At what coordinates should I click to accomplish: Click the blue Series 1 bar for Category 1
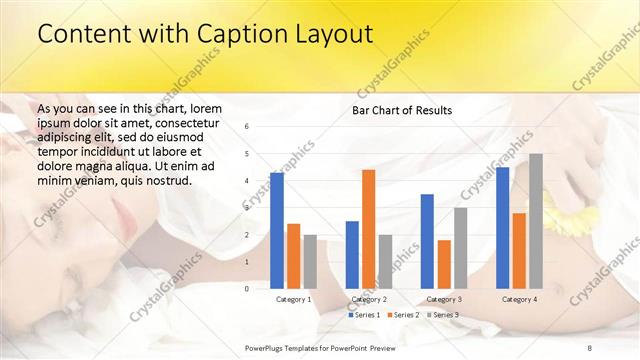pos(277,230)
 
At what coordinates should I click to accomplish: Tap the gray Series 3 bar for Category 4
pos(536,221)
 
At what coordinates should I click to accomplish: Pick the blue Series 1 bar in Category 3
pos(427,241)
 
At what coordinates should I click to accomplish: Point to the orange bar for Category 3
pos(444,264)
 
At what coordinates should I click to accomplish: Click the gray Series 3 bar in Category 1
pos(310,261)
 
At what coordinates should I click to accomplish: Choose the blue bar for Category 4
pos(503,227)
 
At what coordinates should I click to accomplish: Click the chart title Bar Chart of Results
pos(402,110)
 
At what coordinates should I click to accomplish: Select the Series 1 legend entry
pos(364,315)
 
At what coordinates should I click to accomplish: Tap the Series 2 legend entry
pos(402,315)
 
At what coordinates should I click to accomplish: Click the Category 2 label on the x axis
pos(369,299)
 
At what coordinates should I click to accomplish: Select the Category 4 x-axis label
pos(519,299)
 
